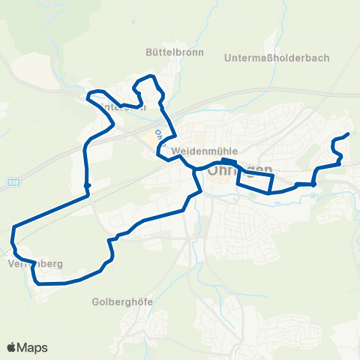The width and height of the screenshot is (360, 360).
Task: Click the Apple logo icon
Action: coord(12,347)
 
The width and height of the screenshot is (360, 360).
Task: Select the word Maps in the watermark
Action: coord(33,347)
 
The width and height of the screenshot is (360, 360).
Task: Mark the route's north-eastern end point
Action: coord(348,134)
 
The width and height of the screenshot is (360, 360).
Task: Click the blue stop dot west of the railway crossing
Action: coord(88,185)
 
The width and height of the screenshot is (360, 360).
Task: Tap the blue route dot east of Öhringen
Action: coord(313,184)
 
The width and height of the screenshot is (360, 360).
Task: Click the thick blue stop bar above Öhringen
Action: coord(229,160)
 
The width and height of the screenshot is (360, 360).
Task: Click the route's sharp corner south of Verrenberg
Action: coord(37,283)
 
